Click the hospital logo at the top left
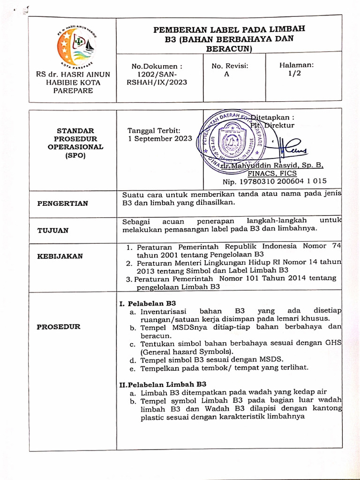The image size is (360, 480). pyautogui.click(x=75, y=46)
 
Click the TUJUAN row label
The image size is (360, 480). pyautogui.click(x=53, y=230)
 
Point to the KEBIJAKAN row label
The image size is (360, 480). pyautogui.click(x=60, y=256)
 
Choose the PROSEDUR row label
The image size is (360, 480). pyautogui.click(x=58, y=327)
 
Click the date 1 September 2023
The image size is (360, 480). pyautogui.click(x=160, y=139)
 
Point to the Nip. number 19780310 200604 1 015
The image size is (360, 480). pyautogui.click(x=275, y=181)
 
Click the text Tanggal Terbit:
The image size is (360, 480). pyautogui.click(x=154, y=131)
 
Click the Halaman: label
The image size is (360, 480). pyautogui.click(x=297, y=66)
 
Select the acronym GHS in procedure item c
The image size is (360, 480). pyautogui.click(x=333, y=343)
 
